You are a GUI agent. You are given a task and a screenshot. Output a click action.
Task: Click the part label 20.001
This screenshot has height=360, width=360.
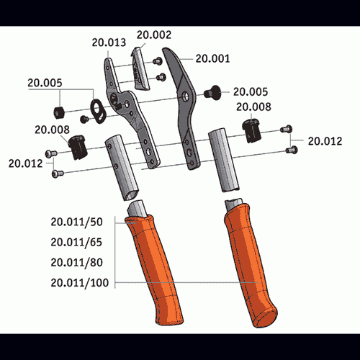[x=212, y=58]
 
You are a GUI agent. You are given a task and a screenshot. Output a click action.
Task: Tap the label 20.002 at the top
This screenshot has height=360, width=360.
[x=154, y=35]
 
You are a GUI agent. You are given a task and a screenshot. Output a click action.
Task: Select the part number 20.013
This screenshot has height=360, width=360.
[x=109, y=42]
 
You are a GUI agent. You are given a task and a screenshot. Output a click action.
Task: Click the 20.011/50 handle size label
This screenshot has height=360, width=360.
[x=76, y=222]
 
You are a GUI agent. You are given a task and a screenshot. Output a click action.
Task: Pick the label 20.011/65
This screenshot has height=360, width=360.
[x=76, y=242]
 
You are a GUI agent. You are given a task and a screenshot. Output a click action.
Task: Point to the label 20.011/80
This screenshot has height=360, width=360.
[x=76, y=262]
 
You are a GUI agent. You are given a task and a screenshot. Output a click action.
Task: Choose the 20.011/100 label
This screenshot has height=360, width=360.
[x=80, y=283]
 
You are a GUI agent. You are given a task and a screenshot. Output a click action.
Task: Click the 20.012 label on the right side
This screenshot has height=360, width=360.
[x=325, y=141]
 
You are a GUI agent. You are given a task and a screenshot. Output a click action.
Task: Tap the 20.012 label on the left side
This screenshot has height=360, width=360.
[x=25, y=163]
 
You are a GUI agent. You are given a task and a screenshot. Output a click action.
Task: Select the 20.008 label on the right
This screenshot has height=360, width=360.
[x=253, y=107]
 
